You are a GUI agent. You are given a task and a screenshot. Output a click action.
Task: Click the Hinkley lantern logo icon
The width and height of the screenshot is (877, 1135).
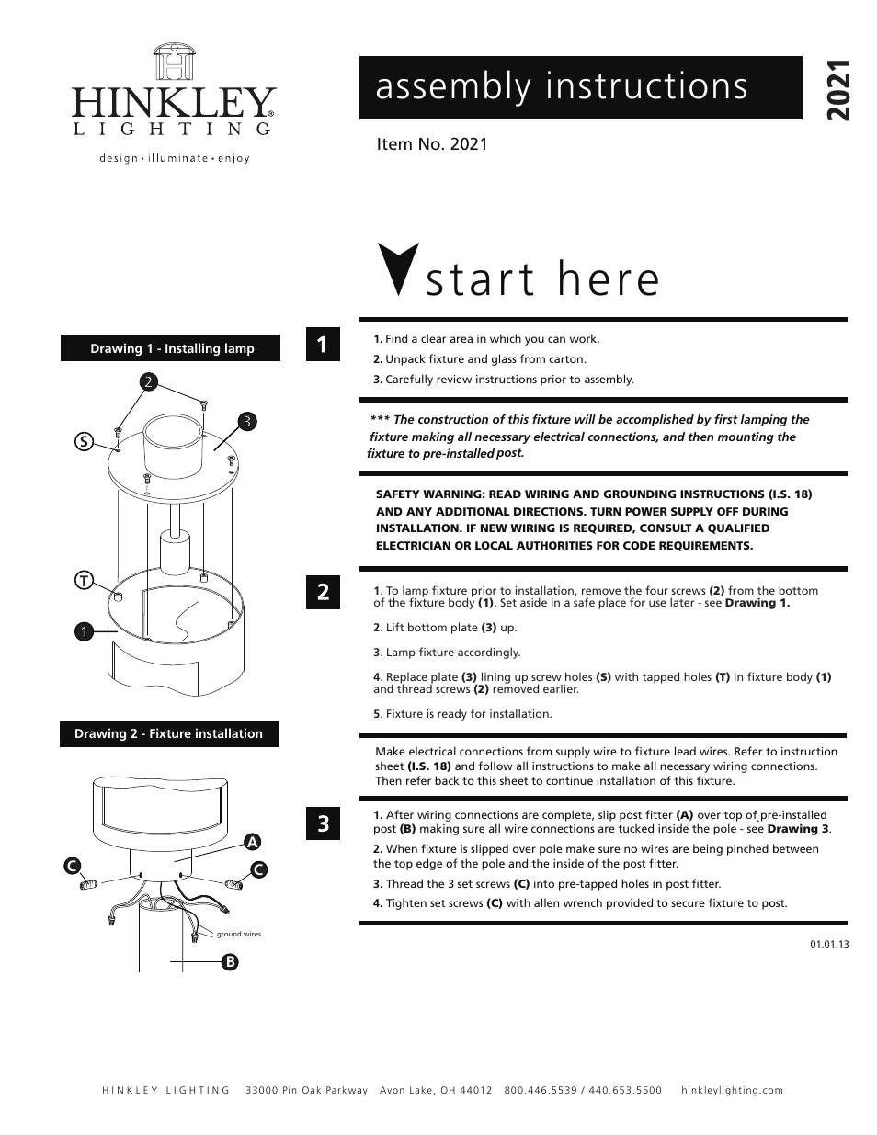(x=174, y=61)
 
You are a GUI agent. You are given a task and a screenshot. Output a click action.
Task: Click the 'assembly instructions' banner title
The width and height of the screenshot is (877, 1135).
(x=562, y=86)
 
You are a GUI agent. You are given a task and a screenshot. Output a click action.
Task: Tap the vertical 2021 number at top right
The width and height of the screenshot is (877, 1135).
(x=837, y=91)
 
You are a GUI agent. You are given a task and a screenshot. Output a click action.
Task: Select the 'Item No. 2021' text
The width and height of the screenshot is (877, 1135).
(x=432, y=144)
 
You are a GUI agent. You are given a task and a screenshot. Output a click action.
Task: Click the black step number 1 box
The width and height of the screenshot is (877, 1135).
(x=323, y=345)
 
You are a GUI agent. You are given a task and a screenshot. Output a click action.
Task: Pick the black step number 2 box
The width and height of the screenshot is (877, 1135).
(x=323, y=592)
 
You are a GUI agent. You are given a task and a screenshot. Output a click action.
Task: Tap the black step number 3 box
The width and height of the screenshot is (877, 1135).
(x=323, y=823)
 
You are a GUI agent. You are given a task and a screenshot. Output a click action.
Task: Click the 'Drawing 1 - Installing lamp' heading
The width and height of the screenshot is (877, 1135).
(x=171, y=348)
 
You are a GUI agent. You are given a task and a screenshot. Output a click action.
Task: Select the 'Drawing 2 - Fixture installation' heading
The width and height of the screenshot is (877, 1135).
(x=169, y=733)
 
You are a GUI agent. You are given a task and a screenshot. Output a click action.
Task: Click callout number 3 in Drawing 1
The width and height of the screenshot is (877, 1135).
(x=246, y=421)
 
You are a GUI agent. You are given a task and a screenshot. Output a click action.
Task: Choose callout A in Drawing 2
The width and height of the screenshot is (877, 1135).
(x=250, y=841)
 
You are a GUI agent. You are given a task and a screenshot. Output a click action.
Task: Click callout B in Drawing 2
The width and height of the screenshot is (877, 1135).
(x=230, y=961)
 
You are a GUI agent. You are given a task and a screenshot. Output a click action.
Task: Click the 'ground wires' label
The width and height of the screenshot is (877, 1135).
(x=239, y=934)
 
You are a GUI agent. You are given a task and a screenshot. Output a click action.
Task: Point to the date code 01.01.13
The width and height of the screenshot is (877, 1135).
(x=829, y=944)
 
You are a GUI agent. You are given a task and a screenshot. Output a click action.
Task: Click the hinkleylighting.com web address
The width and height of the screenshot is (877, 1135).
(x=733, y=1090)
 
